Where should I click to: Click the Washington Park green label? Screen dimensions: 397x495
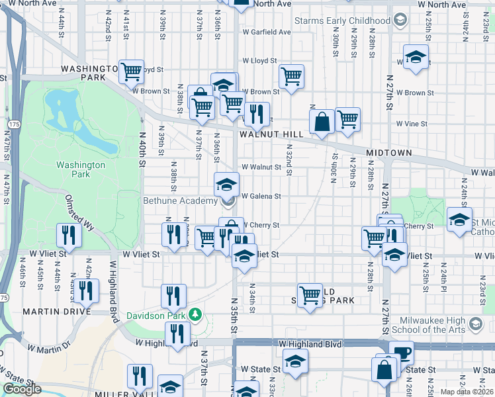click(81, 169)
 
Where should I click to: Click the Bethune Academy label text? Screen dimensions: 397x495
click(181, 200)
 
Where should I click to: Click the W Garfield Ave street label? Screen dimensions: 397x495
click(267, 32)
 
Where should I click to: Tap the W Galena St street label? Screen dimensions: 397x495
click(261, 197)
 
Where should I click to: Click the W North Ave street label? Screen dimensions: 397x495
click(272, 4)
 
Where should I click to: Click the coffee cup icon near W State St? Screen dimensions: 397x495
click(401, 353)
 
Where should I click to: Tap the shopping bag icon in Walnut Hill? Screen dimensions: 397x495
click(322, 122)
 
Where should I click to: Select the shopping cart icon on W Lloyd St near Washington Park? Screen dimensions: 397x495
click(132, 70)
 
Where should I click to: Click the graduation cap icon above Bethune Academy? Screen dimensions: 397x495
click(226, 183)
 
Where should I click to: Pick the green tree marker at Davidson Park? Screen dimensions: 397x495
click(195, 313)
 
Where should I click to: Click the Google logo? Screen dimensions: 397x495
click(22, 389)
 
